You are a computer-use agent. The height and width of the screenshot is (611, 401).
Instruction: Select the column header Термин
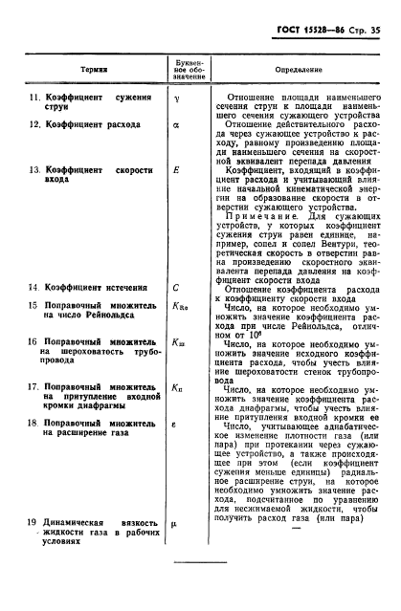pos(94,71)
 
